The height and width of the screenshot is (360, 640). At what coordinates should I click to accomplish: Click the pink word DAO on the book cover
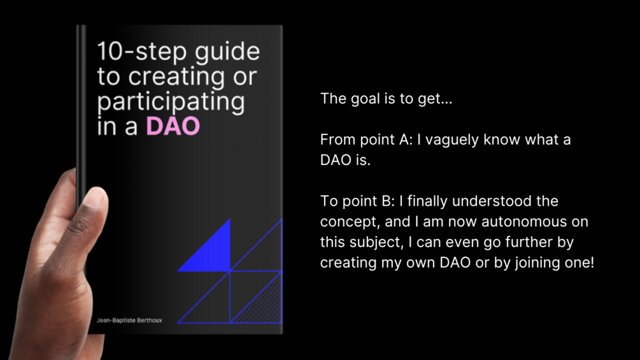(173, 126)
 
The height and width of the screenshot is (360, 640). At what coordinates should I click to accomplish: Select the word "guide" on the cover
(227, 52)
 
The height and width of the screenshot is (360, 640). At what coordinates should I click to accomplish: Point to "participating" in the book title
(171, 103)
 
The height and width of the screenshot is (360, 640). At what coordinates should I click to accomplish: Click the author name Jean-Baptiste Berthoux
(129, 320)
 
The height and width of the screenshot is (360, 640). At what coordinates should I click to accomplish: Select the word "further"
(529, 241)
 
